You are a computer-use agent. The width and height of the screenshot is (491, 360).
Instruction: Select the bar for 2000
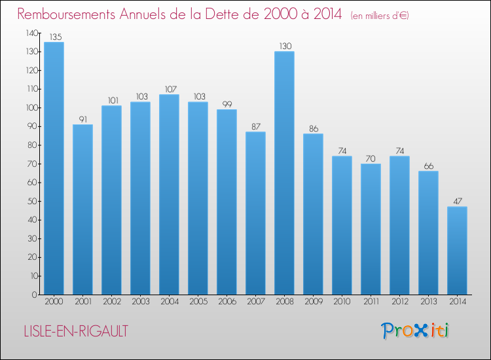(x=54, y=168)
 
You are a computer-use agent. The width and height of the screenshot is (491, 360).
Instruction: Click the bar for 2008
(x=284, y=173)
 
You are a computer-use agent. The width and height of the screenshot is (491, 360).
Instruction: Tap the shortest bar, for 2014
(x=457, y=251)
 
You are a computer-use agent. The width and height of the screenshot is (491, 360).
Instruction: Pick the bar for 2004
(x=169, y=194)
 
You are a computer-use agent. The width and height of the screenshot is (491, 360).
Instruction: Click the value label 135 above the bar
(x=56, y=37)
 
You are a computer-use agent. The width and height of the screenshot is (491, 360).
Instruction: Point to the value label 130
(x=285, y=46)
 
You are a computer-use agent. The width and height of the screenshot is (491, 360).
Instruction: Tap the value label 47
(x=458, y=202)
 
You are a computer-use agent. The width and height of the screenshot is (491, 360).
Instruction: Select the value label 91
(x=83, y=119)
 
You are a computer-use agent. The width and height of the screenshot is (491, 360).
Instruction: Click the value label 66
(x=429, y=166)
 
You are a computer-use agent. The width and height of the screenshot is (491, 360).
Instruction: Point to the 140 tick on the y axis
(x=32, y=33)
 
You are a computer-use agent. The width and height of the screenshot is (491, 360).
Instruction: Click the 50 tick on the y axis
(x=33, y=202)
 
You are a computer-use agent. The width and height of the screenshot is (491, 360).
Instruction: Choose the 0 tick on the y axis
(x=35, y=295)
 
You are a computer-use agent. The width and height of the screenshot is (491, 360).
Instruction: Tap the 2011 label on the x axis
(x=371, y=302)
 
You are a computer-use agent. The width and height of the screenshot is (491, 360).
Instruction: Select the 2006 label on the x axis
(x=227, y=302)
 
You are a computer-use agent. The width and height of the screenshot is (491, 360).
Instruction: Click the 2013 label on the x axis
(x=428, y=302)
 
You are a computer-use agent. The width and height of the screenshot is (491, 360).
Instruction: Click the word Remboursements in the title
(x=66, y=14)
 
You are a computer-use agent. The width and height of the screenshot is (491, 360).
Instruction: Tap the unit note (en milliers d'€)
(x=380, y=16)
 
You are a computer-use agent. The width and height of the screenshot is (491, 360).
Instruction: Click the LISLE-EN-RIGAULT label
(x=76, y=331)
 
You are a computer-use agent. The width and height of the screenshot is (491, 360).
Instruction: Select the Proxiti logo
(x=415, y=331)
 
